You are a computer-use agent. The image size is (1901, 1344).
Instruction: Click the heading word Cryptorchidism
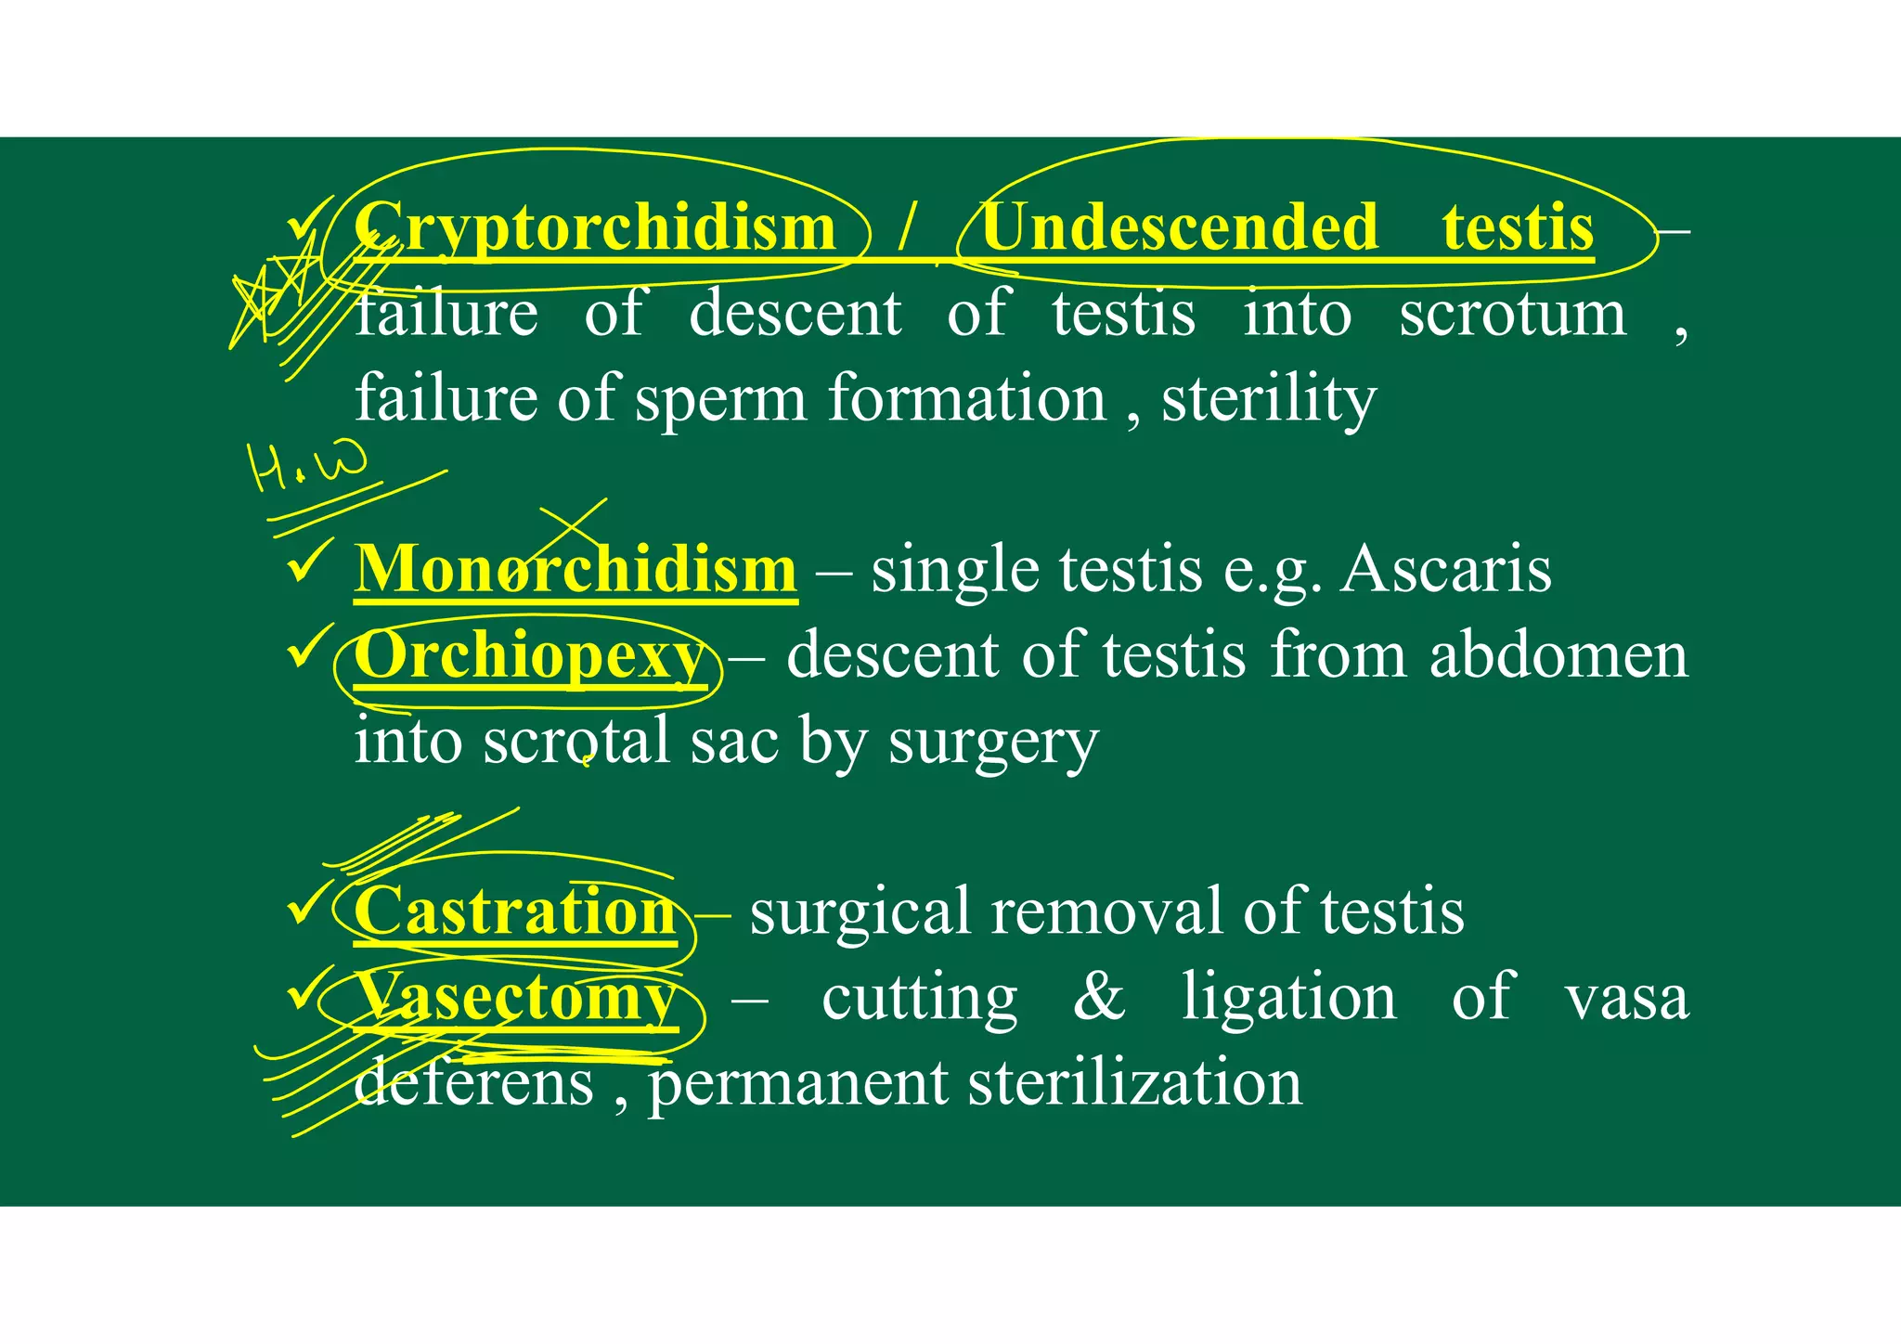coord(595,228)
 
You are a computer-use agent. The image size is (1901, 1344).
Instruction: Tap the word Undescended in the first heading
coord(1180,228)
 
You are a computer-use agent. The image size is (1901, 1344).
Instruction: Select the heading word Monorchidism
coord(575,569)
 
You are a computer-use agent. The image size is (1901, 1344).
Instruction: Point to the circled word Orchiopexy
coord(529,656)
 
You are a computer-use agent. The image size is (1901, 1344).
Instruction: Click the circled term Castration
coord(515,911)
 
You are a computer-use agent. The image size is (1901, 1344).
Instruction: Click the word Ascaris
coord(1446,569)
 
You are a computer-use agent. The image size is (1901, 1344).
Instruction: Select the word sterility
coord(1269,399)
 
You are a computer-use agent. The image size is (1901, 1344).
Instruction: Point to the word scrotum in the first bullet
coord(1512,314)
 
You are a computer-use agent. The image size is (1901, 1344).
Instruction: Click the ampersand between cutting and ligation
coord(1099,998)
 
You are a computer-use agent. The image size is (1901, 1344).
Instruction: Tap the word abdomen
coord(1558,656)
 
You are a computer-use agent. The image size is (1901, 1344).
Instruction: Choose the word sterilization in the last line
coord(1134,1083)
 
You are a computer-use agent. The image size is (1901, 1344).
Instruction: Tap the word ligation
coord(1288,998)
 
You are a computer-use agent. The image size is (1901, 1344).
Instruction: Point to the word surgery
coord(992,743)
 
